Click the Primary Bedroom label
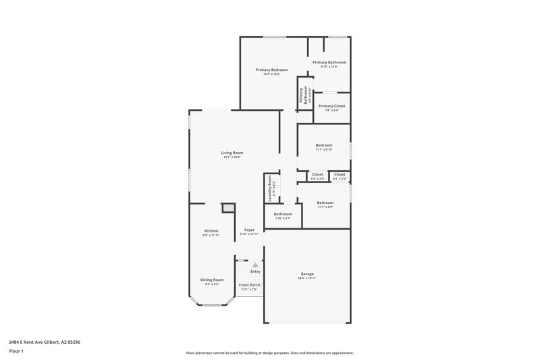[271, 70]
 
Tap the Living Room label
[232, 153]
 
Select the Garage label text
[306, 274]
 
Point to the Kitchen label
[211, 231]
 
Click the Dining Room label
[211, 280]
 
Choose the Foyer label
[249, 230]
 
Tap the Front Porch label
[249, 285]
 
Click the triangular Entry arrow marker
[255, 265]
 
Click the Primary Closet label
[331, 106]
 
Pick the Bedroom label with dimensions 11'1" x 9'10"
[324, 145]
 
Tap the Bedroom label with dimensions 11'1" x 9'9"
[325, 203]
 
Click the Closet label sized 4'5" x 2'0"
[317, 174]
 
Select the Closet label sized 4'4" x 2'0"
[340, 174]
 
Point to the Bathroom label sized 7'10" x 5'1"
[282, 214]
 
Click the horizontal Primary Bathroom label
[329, 62]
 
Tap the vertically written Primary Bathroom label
[305, 94]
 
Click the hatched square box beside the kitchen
[228, 208]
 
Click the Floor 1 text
[16, 351]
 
